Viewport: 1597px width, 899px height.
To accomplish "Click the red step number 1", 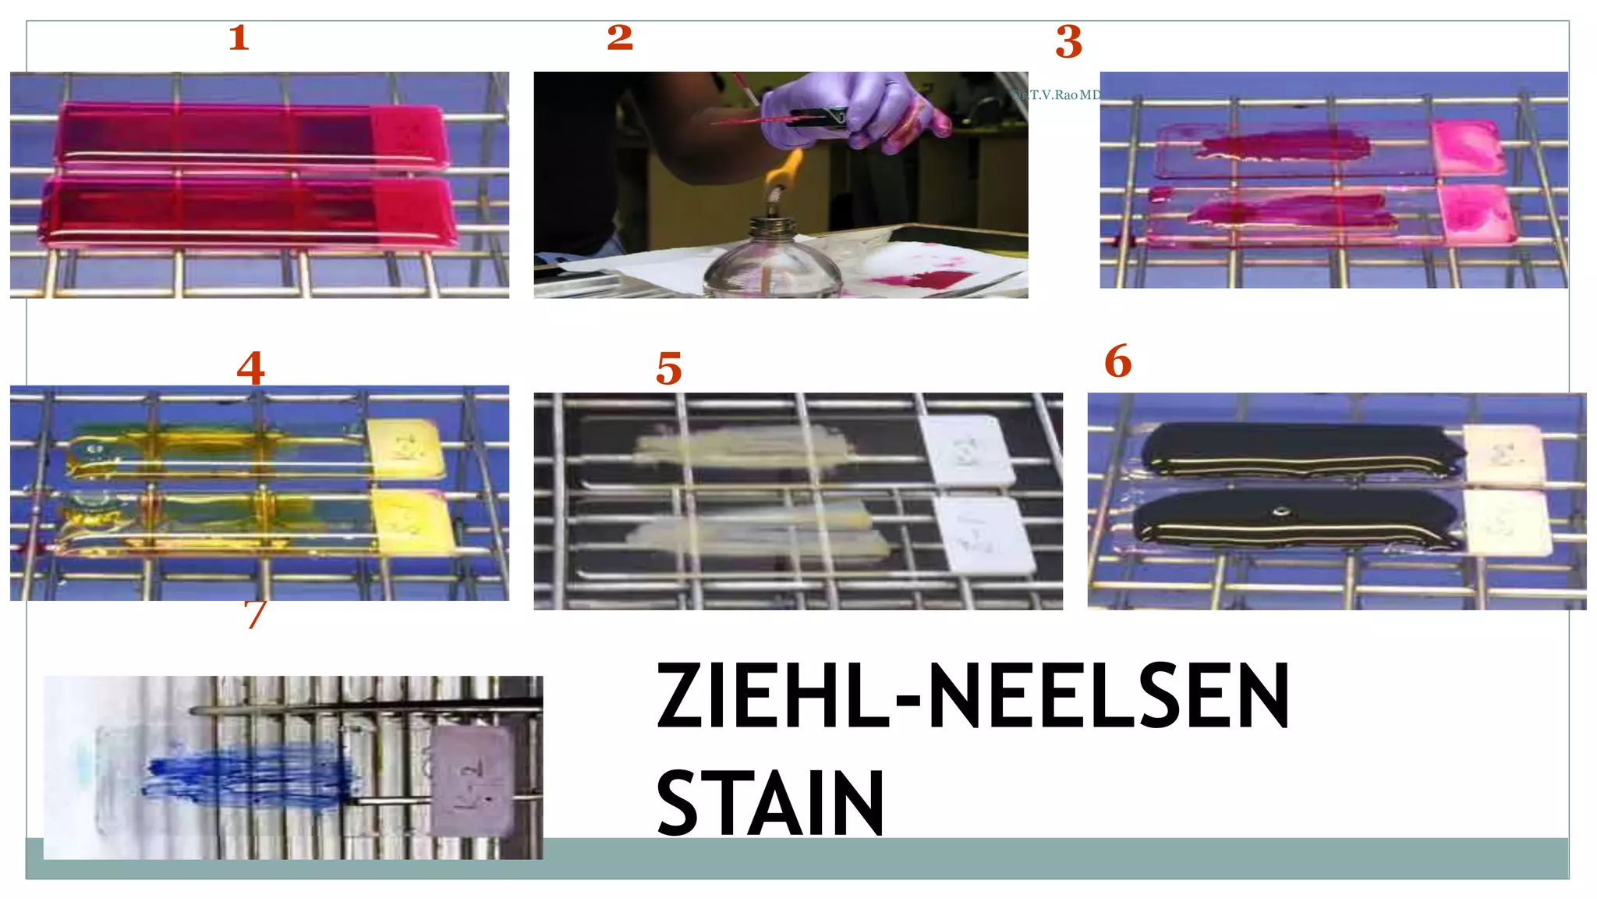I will (239, 37).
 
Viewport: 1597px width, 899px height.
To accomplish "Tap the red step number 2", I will (620, 37).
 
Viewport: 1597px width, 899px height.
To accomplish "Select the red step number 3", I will (1068, 42).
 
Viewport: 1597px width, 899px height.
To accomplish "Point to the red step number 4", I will (250, 367).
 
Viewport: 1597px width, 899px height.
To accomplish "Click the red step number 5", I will (668, 368).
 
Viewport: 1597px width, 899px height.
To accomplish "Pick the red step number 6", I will (1117, 361).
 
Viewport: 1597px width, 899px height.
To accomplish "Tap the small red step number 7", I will (255, 614).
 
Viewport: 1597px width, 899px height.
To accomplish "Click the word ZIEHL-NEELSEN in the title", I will (972, 696).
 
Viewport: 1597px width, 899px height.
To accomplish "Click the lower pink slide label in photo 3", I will (1475, 212).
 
